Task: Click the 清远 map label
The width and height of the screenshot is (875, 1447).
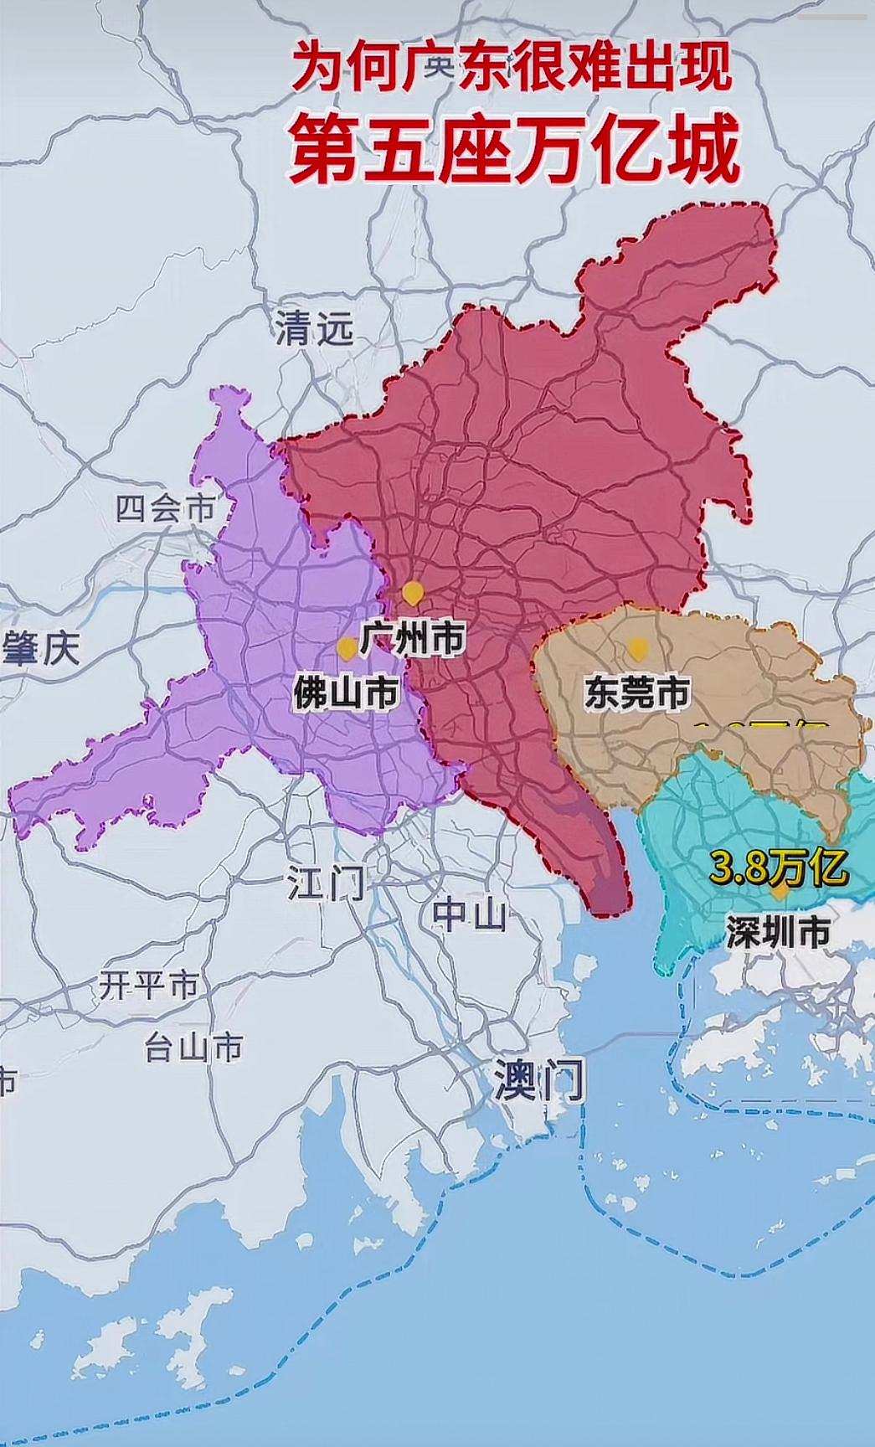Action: [x=315, y=330]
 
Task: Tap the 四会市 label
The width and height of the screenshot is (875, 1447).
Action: [x=165, y=508]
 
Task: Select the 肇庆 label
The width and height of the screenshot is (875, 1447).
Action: [x=40, y=648]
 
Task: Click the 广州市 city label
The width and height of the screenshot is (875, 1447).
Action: [x=413, y=639]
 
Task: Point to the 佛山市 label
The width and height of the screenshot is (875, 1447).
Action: [x=346, y=694]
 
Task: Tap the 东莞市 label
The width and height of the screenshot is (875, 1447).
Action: [x=637, y=693]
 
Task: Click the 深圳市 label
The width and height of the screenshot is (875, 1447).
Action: [x=778, y=932]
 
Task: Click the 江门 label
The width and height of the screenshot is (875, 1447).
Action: [x=326, y=882]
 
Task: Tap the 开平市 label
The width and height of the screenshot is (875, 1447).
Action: [x=149, y=985]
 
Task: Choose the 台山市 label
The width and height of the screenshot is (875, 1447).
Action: [x=193, y=1047]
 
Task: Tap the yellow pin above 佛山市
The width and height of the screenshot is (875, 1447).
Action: [x=346, y=648]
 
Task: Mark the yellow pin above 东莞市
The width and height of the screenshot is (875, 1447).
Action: [x=638, y=648]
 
